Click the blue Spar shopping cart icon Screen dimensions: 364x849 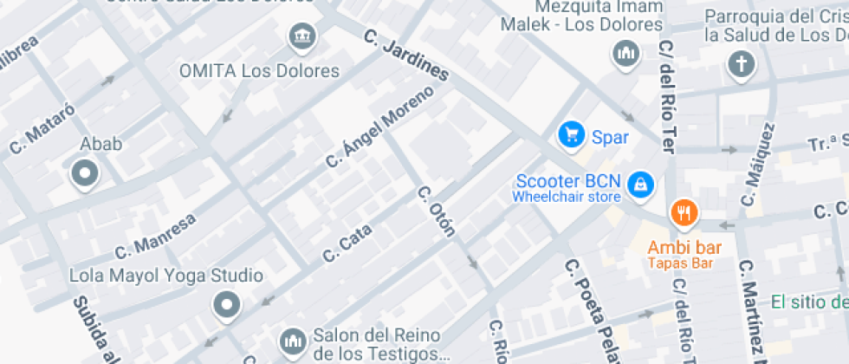(x=570, y=134)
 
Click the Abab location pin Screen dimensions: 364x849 (x=85, y=174)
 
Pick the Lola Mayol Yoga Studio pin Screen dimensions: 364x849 (x=226, y=305)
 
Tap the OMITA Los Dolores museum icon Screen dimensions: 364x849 (x=301, y=36)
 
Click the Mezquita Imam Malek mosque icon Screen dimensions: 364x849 (x=625, y=55)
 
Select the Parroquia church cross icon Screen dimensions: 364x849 (x=741, y=62)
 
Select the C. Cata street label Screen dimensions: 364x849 (x=347, y=244)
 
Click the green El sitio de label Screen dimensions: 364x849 (x=809, y=302)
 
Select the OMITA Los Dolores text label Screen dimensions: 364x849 (x=259, y=70)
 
